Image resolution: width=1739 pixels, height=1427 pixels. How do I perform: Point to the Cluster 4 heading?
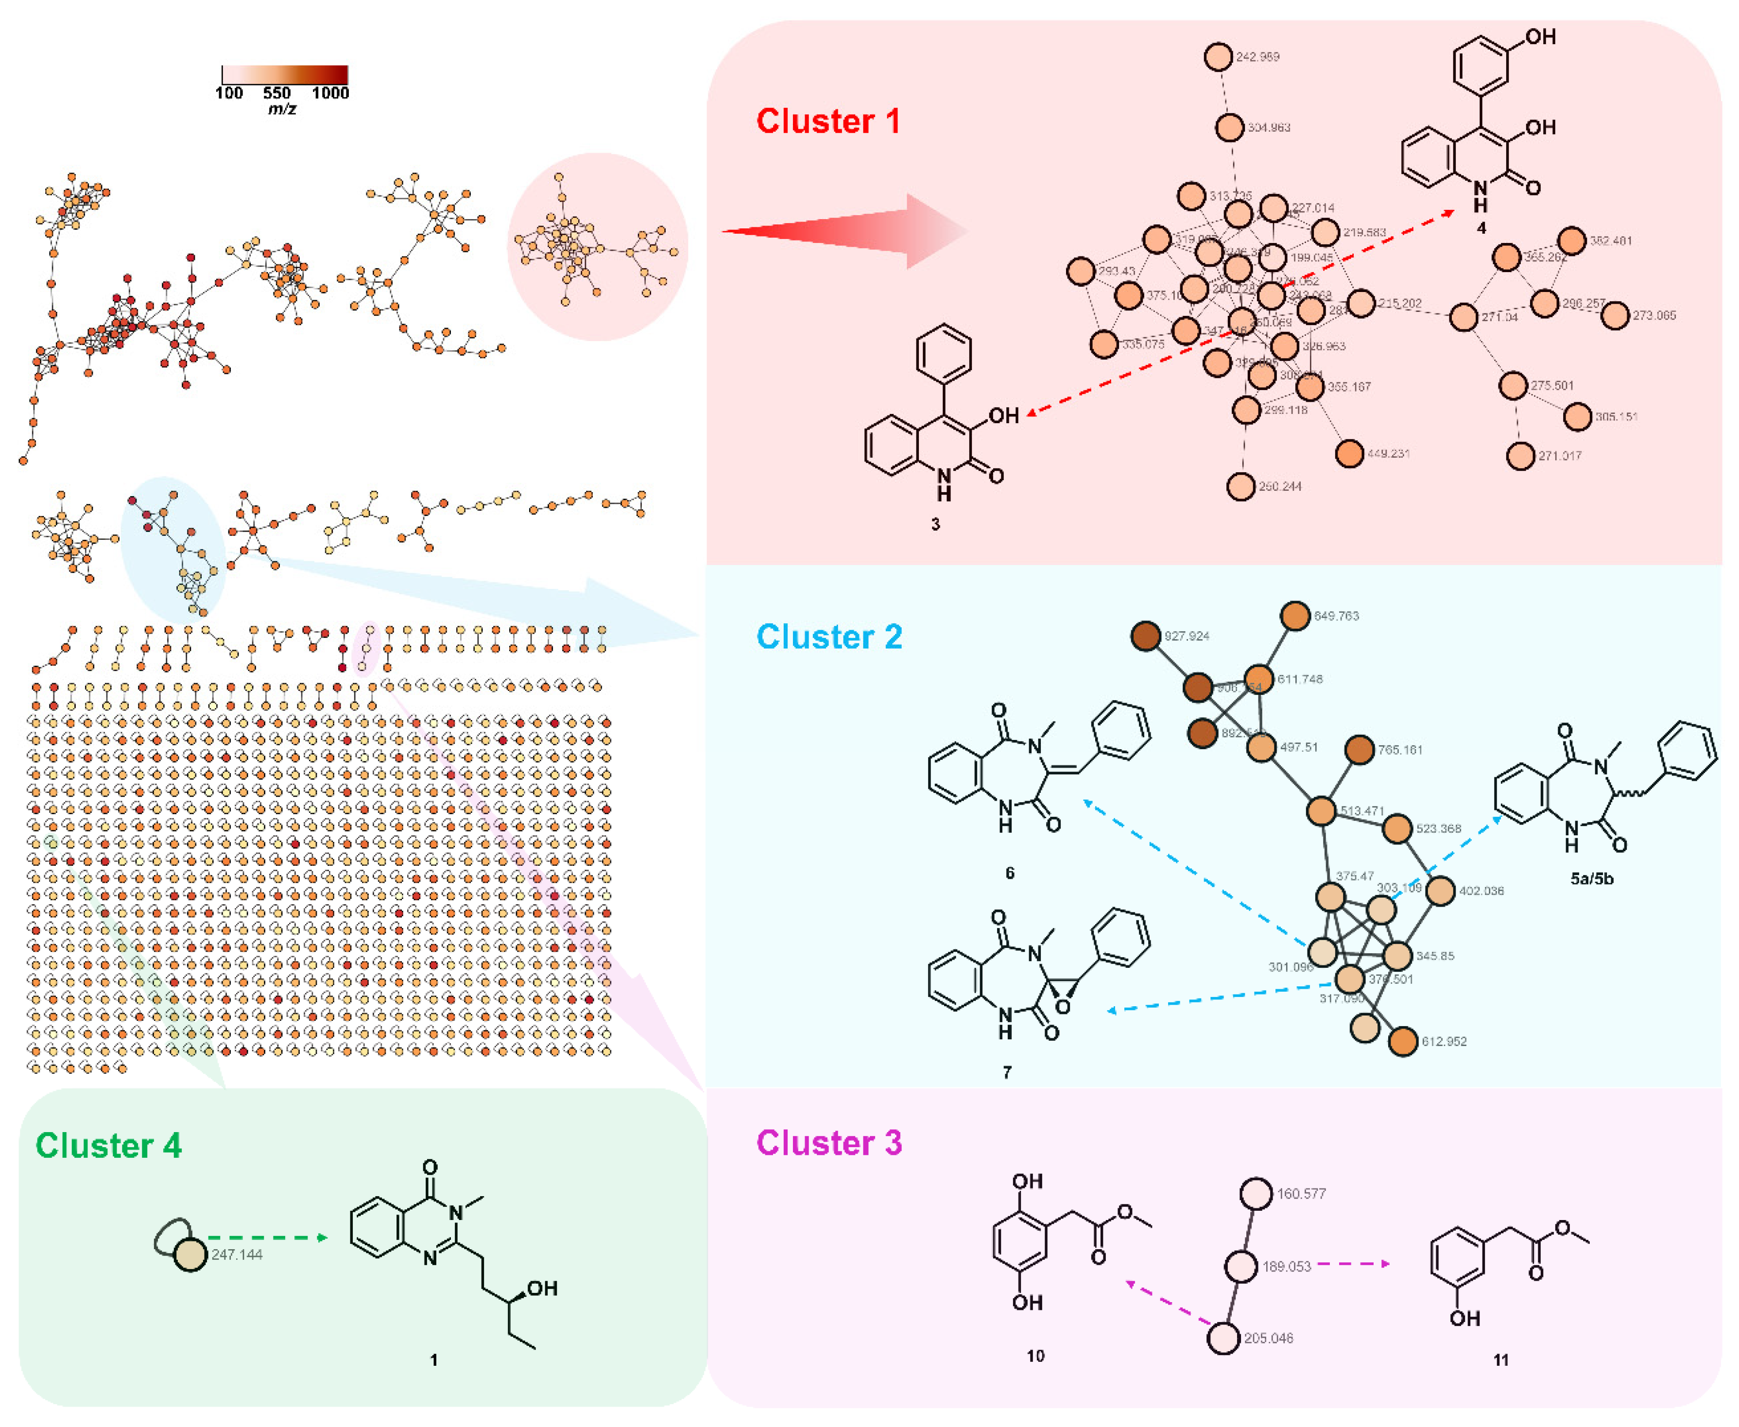click(x=108, y=1146)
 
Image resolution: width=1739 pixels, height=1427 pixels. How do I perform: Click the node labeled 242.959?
click(x=1218, y=57)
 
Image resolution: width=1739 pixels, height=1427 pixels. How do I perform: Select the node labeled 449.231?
click(x=1349, y=453)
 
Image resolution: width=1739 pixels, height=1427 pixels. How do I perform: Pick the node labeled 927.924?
click(x=1146, y=636)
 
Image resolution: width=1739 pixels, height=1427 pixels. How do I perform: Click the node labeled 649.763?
click(x=1295, y=616)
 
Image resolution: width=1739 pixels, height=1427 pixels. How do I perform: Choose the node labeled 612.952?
click(x=1403, y=1042)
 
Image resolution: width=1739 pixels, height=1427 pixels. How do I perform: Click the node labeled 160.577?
click(x=1256, y=1194)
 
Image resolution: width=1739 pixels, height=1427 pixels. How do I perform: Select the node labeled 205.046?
click(x=1223, y=1338)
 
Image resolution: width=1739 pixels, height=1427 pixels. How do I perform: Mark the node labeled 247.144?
click(x=190, y=1255)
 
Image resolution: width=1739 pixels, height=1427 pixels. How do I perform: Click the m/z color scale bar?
click(x=284, y=75)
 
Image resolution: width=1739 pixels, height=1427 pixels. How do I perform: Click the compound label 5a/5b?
click(x=1591, y=879)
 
